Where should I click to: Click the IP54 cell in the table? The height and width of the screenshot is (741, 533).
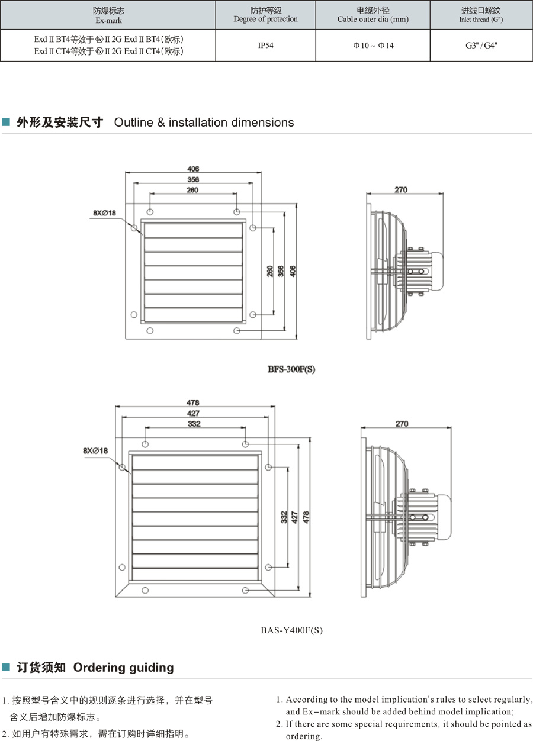click(265, 44)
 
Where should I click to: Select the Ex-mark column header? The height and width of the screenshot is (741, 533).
click(108, 15)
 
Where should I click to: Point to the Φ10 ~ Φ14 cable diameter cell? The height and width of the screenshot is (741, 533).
click(373, 44)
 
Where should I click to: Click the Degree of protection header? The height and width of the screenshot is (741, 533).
click(265, 15)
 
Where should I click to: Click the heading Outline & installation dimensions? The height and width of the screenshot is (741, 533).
click(204, 123)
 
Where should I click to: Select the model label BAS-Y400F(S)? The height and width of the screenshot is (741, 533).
click(292, 630)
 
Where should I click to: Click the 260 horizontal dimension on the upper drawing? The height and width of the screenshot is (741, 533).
click(193, 190)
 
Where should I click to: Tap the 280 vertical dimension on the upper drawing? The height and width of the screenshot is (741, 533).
click(269, 271)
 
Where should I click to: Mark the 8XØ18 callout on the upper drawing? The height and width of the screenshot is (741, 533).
click(104, 212)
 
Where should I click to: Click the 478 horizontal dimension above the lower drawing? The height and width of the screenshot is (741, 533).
click(194, 403)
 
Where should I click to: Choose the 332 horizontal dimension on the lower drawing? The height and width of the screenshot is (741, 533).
click(194, 424)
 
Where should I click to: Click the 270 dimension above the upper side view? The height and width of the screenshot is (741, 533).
click(401, 190)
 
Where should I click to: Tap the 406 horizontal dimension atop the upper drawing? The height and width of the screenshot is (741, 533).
click(193, 169)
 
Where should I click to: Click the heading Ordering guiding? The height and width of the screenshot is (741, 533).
click(123, 668)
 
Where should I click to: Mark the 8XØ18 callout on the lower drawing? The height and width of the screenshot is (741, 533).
click(96, 451)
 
